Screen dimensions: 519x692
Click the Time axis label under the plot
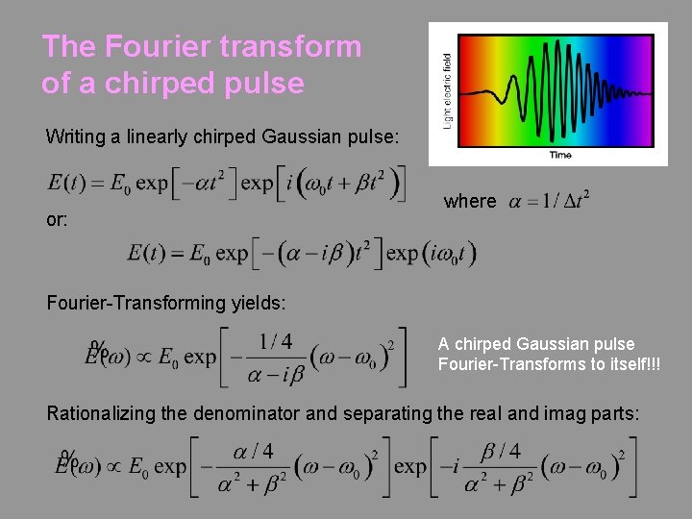tap(560, 154)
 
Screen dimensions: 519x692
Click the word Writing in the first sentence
tap(75, 136)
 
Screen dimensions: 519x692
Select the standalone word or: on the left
tap(57, 220)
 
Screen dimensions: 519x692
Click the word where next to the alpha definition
tap(470, 202)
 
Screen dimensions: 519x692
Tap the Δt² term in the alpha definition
tap(573, 201)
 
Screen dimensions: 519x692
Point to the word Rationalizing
tap(102, 413)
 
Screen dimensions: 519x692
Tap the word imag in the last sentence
tap(545, 413)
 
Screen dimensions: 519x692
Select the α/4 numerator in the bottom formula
tap(253, 451)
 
